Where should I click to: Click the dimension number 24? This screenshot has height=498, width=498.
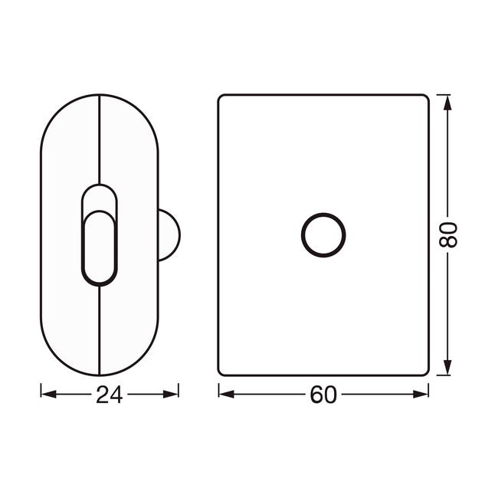110,395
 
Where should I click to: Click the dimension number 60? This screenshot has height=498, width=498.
323,395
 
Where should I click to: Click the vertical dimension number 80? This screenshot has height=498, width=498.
448,234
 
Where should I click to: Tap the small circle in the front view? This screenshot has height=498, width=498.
323,215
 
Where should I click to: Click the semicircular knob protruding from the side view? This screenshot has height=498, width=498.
179,235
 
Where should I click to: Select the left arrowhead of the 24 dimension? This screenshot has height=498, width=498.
48,395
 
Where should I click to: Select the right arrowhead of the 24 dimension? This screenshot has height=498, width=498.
171,395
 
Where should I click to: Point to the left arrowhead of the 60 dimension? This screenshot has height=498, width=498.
227,395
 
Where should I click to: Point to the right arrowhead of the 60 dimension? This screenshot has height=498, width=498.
421,395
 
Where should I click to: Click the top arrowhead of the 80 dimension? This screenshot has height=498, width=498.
447,103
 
